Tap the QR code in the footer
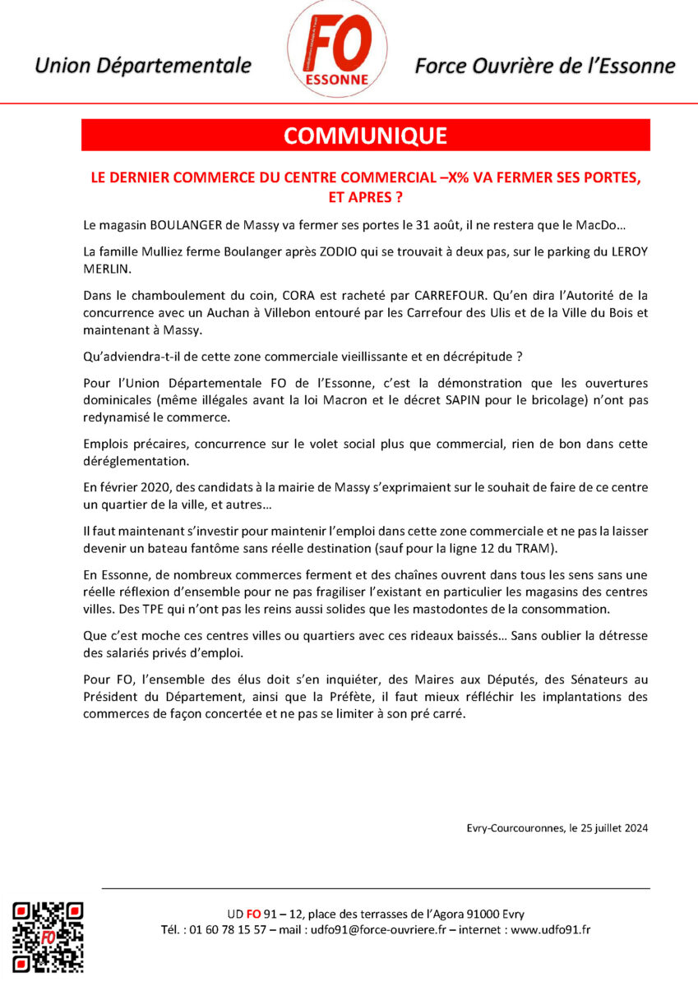[48, 936]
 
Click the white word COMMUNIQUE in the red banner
[365, 136]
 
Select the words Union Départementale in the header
[143, 66]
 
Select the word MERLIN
[106, 268]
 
